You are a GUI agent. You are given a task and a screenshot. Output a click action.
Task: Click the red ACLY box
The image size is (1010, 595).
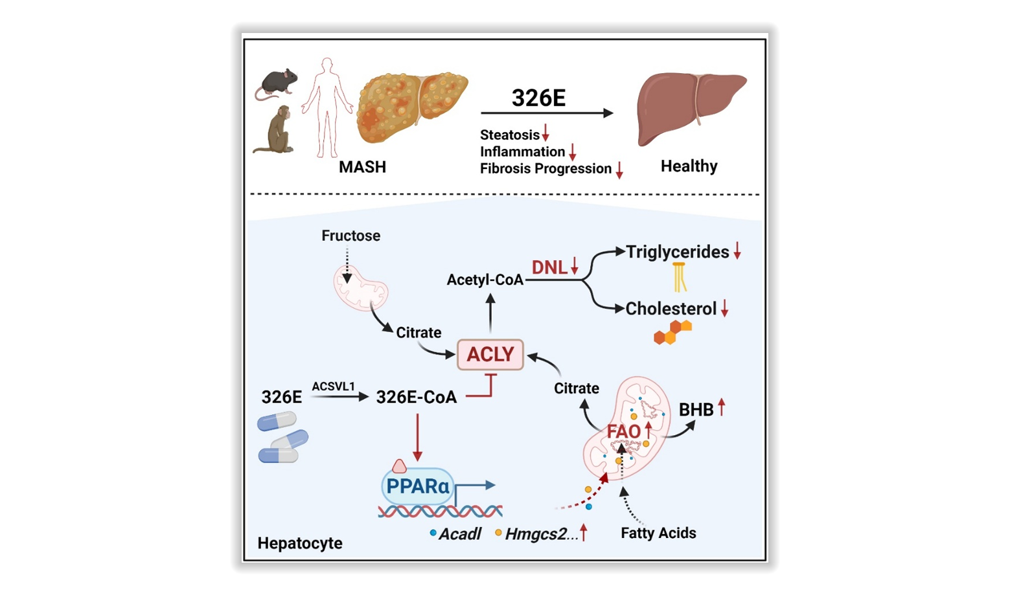(x=490, y=354)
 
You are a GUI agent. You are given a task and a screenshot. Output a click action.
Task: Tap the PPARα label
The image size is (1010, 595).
(x=417, y=486)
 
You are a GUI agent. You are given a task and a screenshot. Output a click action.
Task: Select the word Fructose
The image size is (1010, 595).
(x=350, y=236)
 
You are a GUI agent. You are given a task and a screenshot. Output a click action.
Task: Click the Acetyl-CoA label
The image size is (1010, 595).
(x=485, y=280)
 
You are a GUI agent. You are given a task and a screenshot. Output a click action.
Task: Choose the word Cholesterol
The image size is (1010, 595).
(x=671, y=309)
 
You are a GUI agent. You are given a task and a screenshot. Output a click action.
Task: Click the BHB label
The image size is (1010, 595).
(x=696, y=410)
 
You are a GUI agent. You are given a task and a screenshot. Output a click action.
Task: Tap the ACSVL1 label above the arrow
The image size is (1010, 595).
(x=333, y=387)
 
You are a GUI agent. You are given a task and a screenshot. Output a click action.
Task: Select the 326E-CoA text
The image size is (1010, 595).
(x=416, y=398)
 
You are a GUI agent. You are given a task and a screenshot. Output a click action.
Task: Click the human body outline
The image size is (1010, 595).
(x=327, y=107)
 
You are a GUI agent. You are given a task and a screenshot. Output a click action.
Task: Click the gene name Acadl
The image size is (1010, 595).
(x=459, y=534)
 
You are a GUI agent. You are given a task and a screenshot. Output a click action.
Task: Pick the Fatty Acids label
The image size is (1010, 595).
(x=658, y=533)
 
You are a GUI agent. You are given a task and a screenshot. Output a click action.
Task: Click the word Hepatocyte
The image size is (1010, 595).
(x=300, y=543)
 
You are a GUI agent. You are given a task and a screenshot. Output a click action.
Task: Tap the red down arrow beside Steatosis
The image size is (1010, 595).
(x=545, y=133)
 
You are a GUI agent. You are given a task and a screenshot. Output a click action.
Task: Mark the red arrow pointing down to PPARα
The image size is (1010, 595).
(x=417, y=437)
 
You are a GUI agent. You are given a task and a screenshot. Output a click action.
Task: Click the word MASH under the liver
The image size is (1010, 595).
(x=362, y=167)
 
